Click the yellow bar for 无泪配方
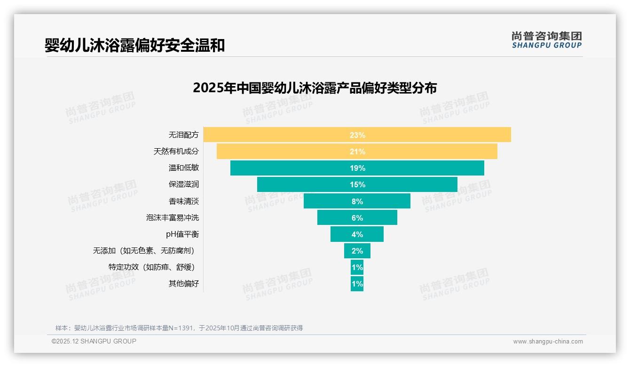[282, 135]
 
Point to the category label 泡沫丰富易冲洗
[172, 218]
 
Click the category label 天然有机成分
[176, 152]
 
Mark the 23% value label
[357, 135]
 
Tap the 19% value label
[357, 168]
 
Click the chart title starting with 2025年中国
[315, 88]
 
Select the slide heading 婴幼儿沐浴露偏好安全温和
[134, 45]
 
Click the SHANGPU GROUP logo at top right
[546, 40]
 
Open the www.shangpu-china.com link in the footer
[548, 342]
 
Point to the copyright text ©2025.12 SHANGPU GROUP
[94, 341]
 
